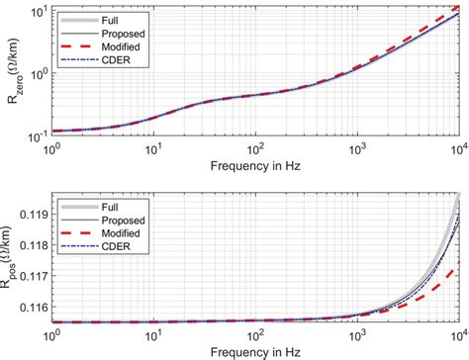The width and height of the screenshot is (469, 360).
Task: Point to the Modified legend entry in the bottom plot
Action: [122, 232]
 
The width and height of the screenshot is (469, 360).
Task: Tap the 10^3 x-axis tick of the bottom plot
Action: [357, 334]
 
